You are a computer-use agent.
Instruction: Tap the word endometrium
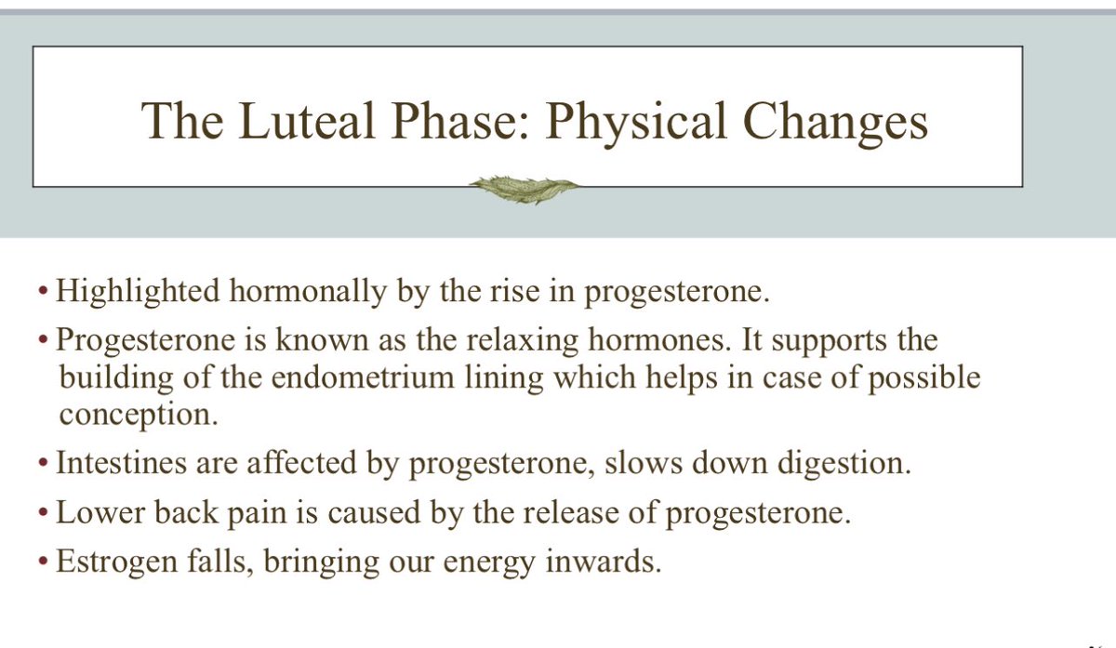point(341,378)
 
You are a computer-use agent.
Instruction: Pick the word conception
point(139,415)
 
